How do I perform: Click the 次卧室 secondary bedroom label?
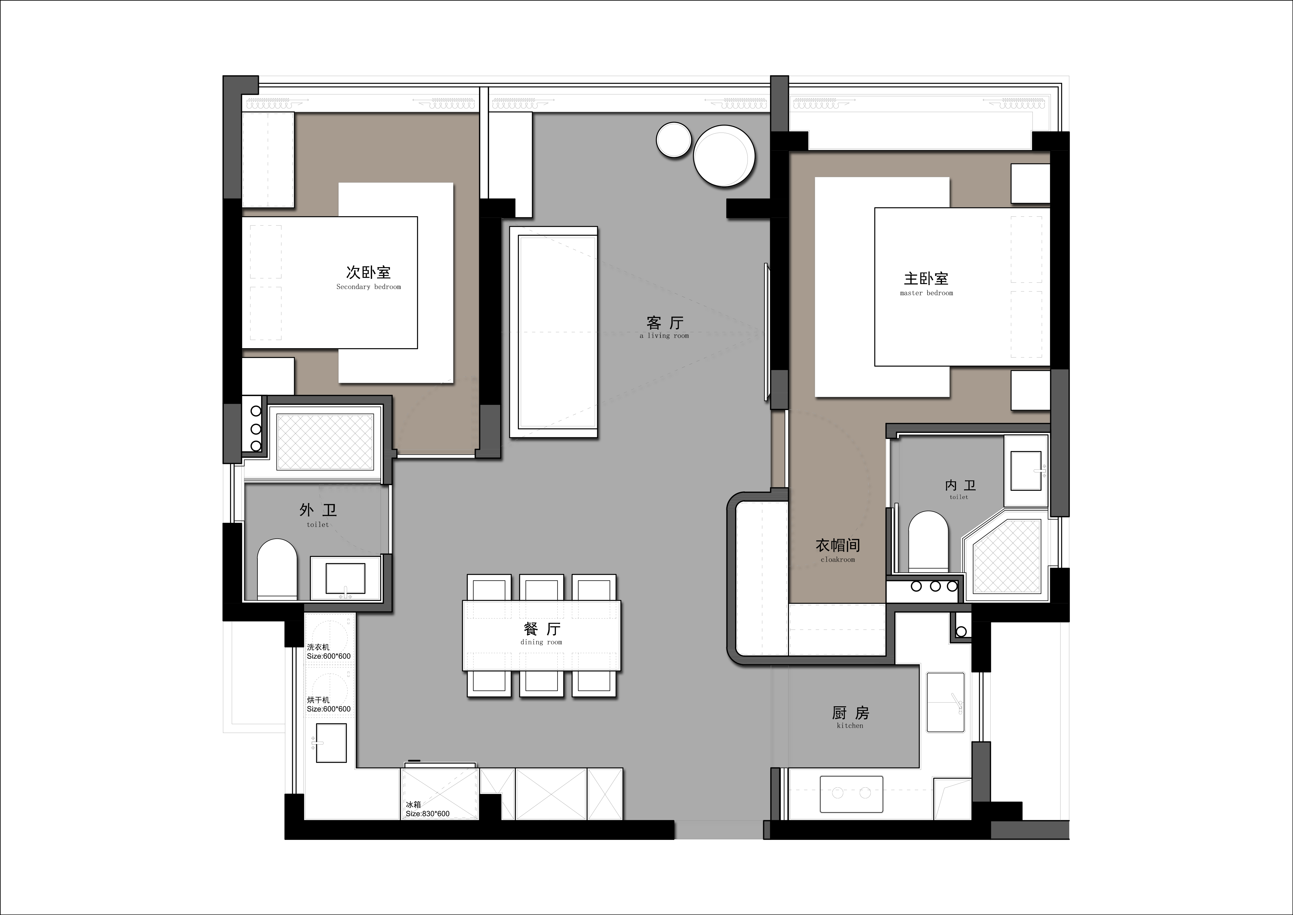[x=368, y=278]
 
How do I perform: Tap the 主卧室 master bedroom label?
[x=926, y=284]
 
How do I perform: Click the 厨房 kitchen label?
[x=850, y=717]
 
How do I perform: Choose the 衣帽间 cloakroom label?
[x=838, y=551]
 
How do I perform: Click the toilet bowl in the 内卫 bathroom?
[x=928, y=541]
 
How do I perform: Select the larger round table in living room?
[x=724, y=155]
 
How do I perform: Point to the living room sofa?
[x=553, y=332]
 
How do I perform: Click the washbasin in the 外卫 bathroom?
[x=345, y=578]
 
